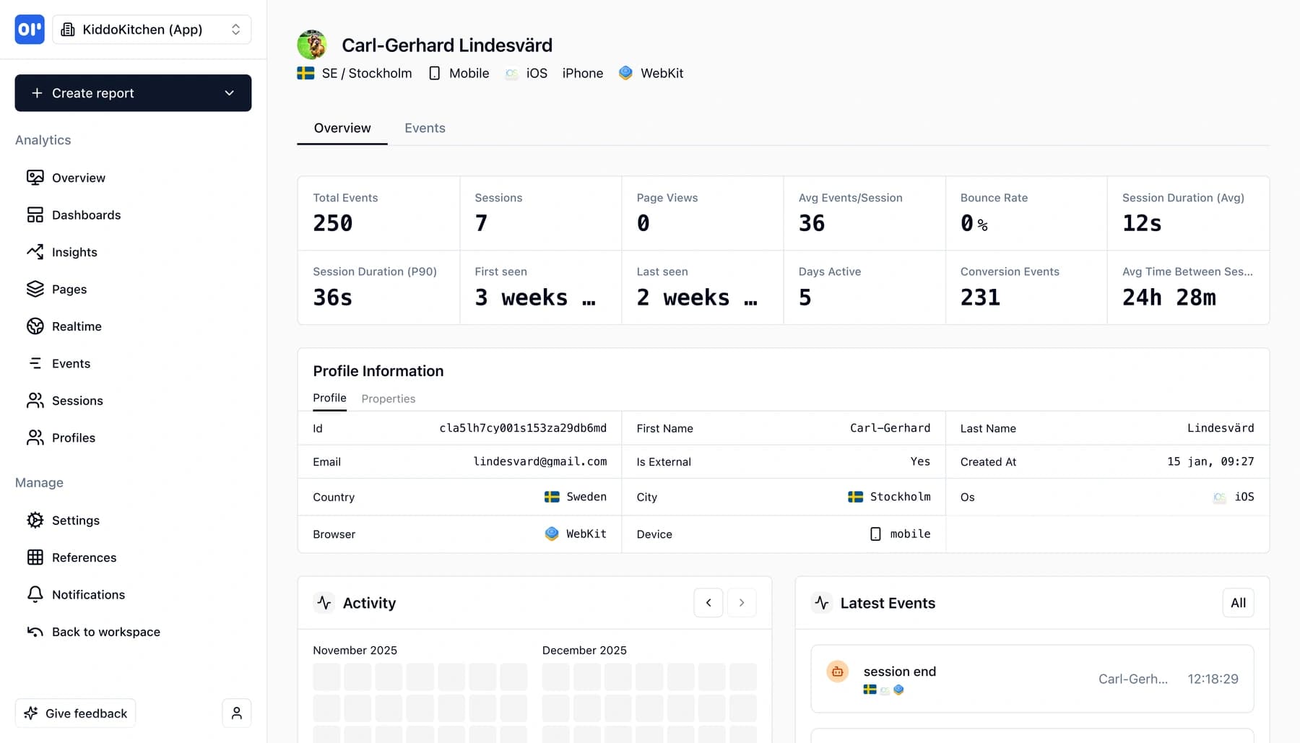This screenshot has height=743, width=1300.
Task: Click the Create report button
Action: tap(133, 93)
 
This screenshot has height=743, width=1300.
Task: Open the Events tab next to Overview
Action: tap(425, 128)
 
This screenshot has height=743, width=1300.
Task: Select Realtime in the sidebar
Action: tap(77, 326)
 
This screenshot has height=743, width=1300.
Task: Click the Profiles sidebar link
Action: tap(73, 438)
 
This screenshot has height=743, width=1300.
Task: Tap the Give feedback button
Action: tap(76, 713)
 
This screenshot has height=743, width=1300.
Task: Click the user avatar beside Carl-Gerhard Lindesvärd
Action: tap(312, 45)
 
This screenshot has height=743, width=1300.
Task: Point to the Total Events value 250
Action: tap(333, 223)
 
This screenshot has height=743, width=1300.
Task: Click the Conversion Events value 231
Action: tap(980, 297)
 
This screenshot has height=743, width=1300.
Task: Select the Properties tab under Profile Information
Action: tap(388, 399)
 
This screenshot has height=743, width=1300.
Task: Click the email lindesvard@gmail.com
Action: tap(539, 461)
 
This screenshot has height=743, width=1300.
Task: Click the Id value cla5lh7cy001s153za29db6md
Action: tap(523, 428)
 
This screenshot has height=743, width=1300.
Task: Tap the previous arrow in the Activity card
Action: tap(708, 603)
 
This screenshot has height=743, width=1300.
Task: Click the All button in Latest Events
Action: tap(1238, 603)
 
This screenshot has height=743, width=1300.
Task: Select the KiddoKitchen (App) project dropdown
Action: tap(152, 30)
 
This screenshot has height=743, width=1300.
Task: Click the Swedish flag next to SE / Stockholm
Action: tap(305, 73)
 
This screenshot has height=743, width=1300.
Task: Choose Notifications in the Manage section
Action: tap(88, 594)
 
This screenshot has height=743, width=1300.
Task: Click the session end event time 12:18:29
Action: tap(1213, 679)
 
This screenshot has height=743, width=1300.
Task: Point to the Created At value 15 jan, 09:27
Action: tap(1210, 461)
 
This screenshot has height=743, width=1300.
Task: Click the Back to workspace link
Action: tap(105, 632)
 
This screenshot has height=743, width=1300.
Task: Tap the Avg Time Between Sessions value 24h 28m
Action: tap(1169, 297)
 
